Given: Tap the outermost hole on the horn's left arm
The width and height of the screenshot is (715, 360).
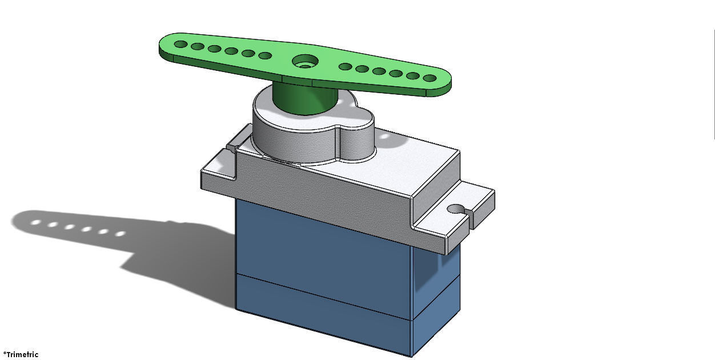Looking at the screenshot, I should tap(180, 44).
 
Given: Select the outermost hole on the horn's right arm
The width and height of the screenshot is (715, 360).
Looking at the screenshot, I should tap(429, 78).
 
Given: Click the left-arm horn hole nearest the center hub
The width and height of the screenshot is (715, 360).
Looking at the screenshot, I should tap(265, 55).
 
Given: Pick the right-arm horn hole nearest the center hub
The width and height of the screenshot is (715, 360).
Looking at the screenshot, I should tap(345, 67).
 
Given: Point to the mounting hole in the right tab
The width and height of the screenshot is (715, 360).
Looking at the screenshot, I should tap(455, 209).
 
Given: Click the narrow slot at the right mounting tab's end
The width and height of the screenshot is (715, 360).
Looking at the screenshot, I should tap(469, 219).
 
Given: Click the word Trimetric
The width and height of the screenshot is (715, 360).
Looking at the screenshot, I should tap(22, 354).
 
